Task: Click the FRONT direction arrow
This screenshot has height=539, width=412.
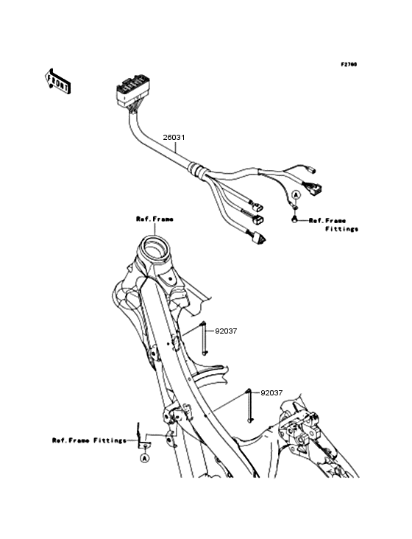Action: click(57, 81)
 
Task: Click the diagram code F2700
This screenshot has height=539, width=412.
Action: click(349, 64)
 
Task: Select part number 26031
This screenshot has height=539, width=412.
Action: click(174, 138)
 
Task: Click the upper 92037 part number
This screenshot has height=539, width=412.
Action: click(226, 331)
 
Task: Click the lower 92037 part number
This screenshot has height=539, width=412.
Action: click(271, 393)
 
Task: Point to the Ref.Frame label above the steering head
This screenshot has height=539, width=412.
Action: click(154, 219)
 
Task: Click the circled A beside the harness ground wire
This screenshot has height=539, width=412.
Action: click(296, 194)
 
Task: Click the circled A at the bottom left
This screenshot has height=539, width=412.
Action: click(144, 457)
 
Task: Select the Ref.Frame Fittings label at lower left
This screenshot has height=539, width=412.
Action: click(89, 440)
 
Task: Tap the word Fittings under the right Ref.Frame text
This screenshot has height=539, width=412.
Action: click(341, 229)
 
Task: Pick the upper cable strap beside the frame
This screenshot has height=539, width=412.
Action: click(204, 339)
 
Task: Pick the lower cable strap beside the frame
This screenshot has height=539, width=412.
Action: click(249, 406)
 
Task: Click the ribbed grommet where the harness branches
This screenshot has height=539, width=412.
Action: click(197, 171)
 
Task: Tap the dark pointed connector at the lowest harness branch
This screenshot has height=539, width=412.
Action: click(258, 239)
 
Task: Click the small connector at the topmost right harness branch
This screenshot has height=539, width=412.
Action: click(312, 171)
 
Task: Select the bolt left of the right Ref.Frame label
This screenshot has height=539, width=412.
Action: click(294, 219)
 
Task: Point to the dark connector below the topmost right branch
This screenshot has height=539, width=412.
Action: click(316, 189)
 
